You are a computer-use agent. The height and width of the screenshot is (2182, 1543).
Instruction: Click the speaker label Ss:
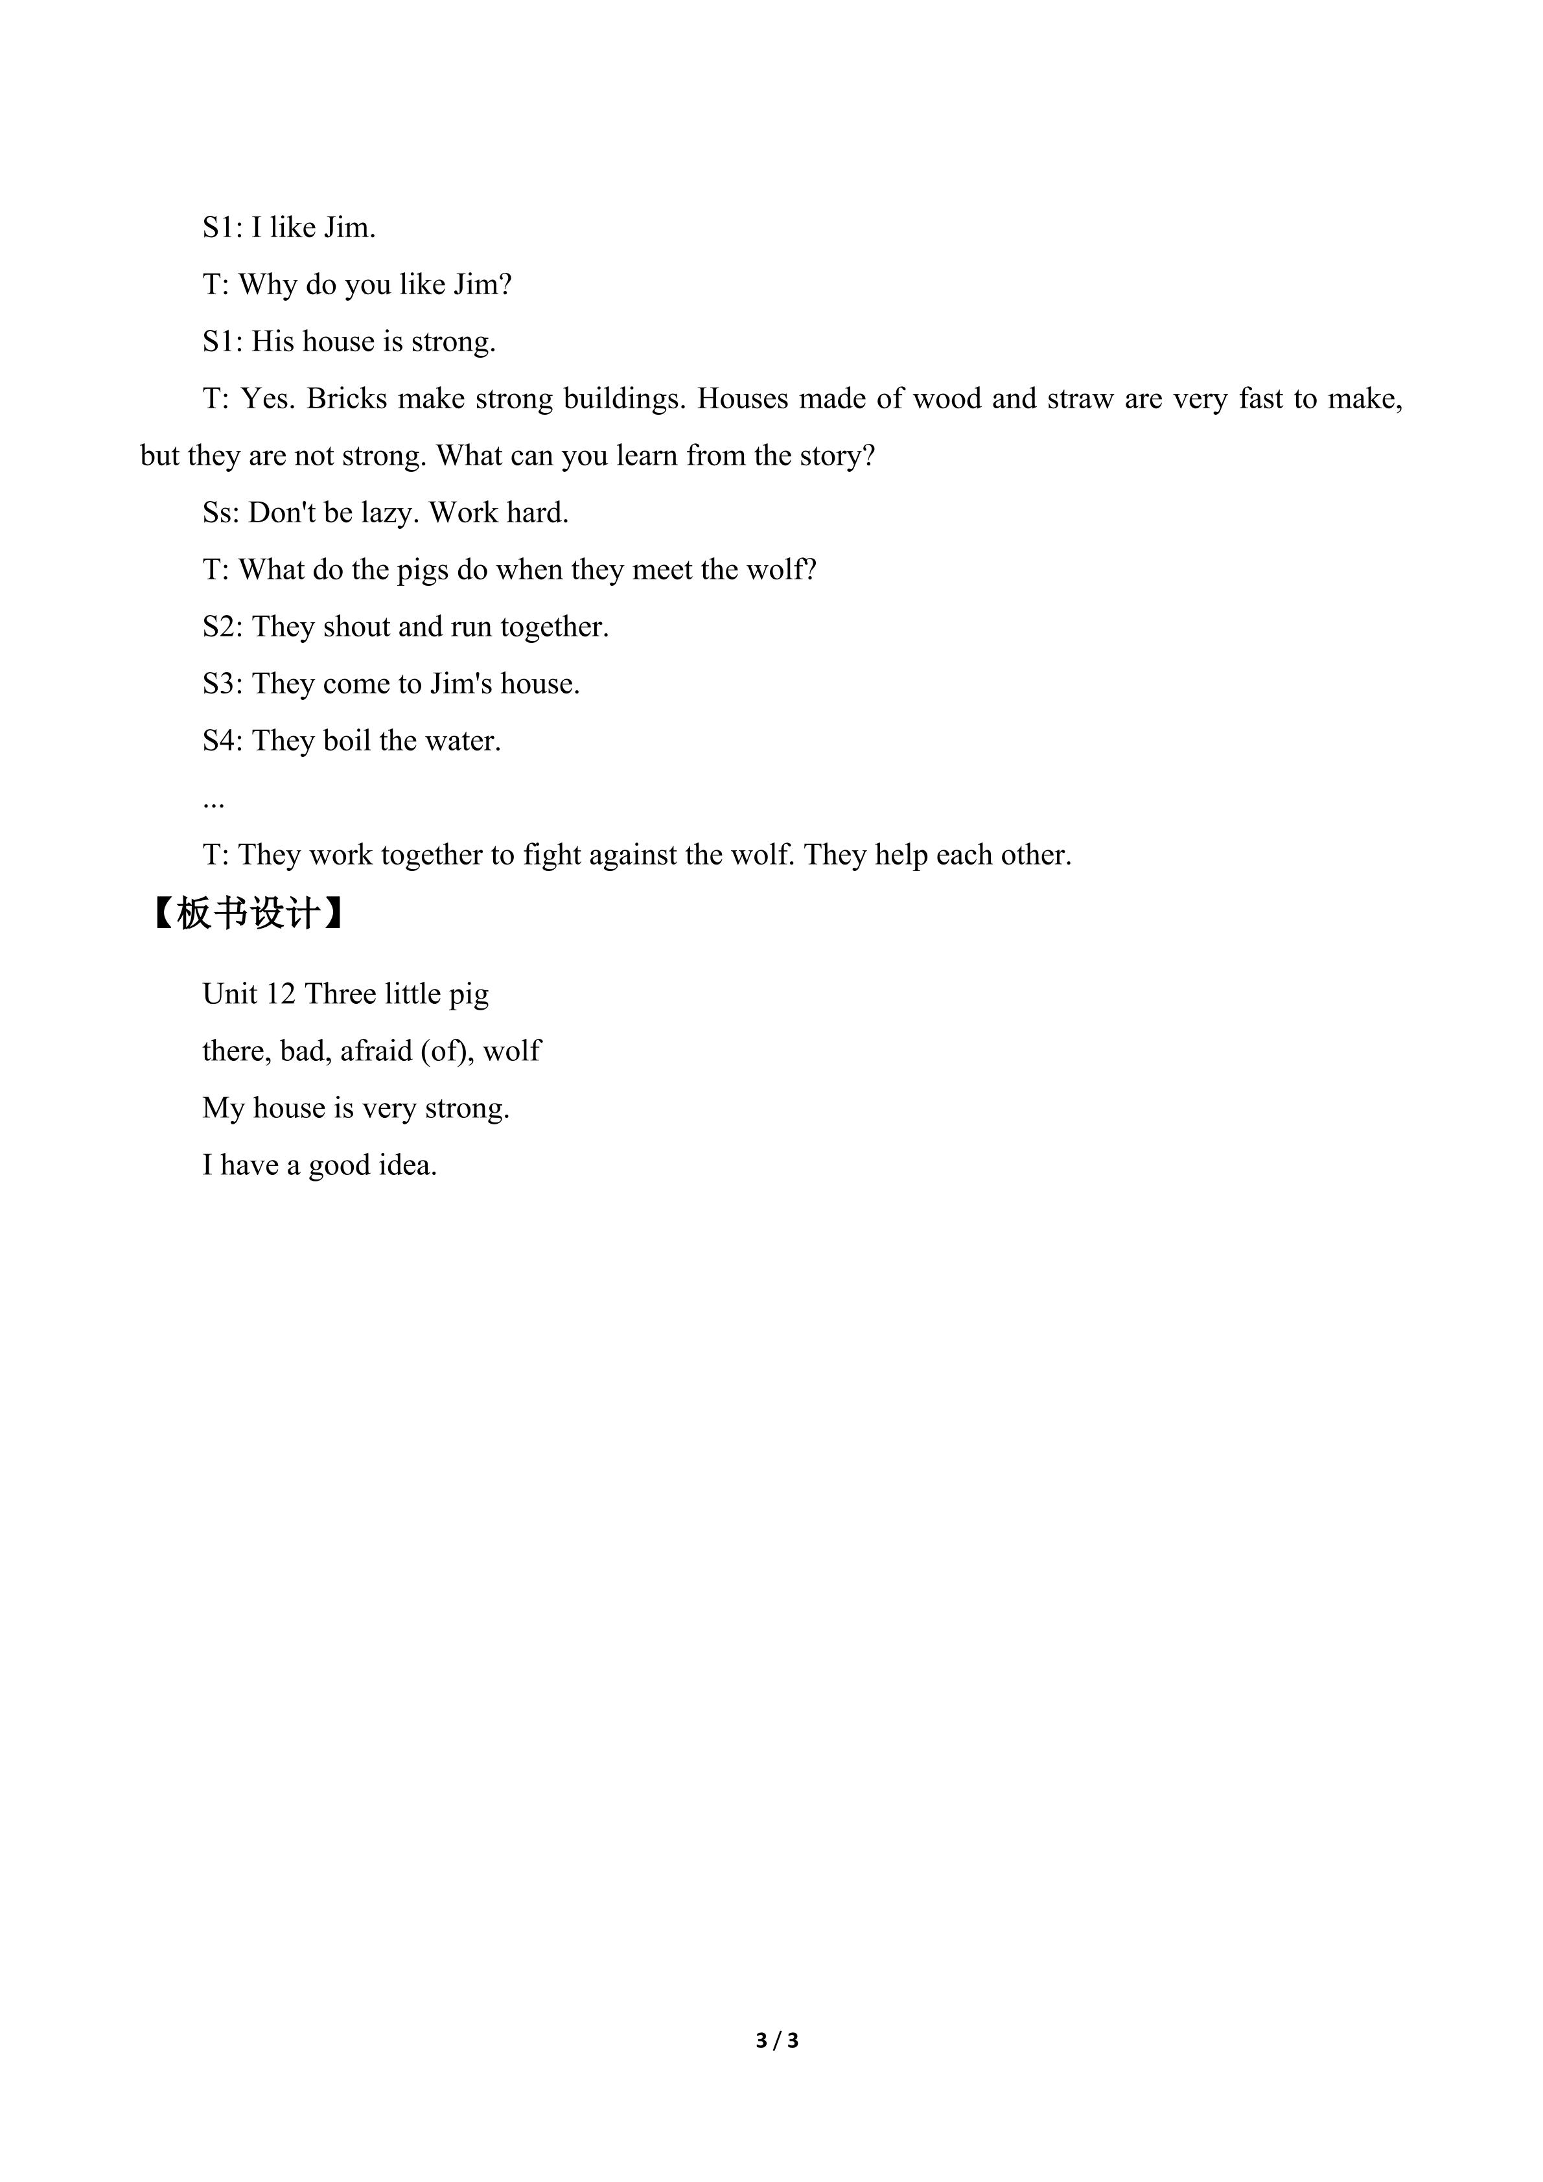222,513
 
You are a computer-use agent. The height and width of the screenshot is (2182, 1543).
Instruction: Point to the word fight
551,855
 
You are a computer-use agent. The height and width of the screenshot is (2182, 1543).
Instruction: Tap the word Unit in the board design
230,994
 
